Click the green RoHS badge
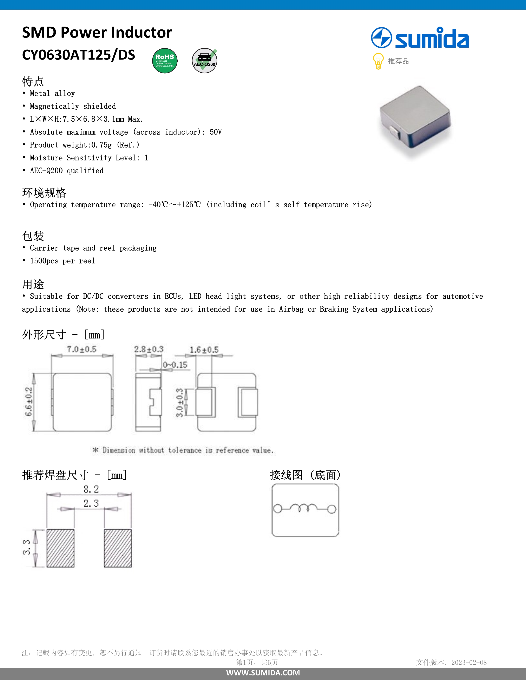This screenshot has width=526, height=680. coord(165,61)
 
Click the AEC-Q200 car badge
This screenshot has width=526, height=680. coord(204,61)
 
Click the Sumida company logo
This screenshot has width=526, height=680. coord(420,38)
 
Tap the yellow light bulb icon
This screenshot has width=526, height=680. coord(378,61)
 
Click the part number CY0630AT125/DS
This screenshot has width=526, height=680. coord(79,55)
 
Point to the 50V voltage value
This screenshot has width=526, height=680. coord(216,132)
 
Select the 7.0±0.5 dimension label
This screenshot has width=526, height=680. coord(82,349)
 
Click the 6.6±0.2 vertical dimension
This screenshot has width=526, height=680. coord(29,402)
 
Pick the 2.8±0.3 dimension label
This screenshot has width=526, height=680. coord(149,349)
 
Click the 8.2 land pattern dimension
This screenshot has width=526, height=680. coord(91,489)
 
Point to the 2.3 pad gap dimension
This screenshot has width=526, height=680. coord(91,503)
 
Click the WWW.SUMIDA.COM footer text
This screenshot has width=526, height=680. coord(263,673)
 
